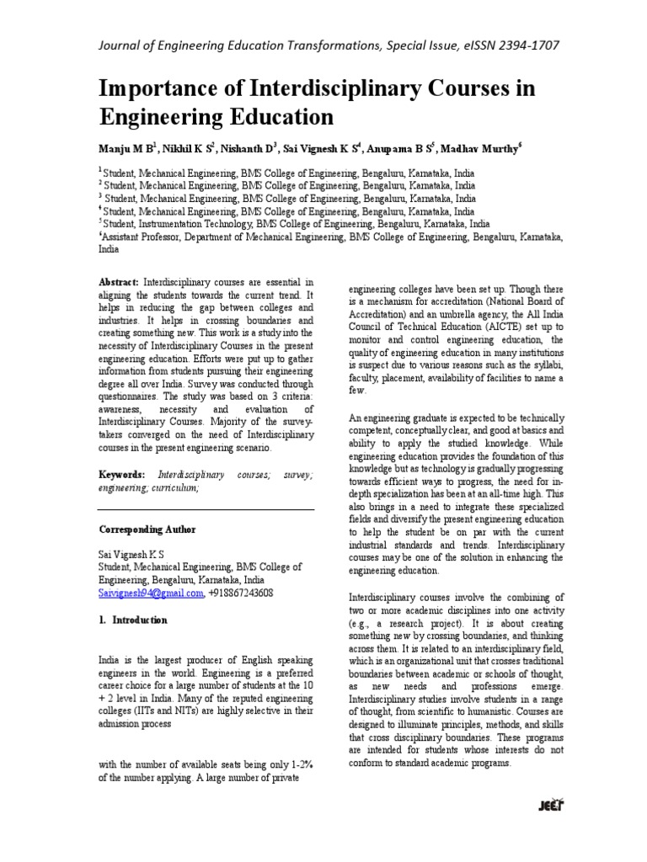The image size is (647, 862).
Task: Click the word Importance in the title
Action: pyautogui.click(x=161, y=89)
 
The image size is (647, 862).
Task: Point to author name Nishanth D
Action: pyautogui.click(x=247, y=146)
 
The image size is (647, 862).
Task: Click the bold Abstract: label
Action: pyautogui.click(x=120, y=283)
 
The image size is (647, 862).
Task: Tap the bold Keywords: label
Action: pyautogui.click(x=123, y=475)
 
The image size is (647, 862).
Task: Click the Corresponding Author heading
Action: pyautogui.click(x=147, y=529)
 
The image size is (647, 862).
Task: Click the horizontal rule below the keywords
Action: pyautogui.click(x=206, y=508)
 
